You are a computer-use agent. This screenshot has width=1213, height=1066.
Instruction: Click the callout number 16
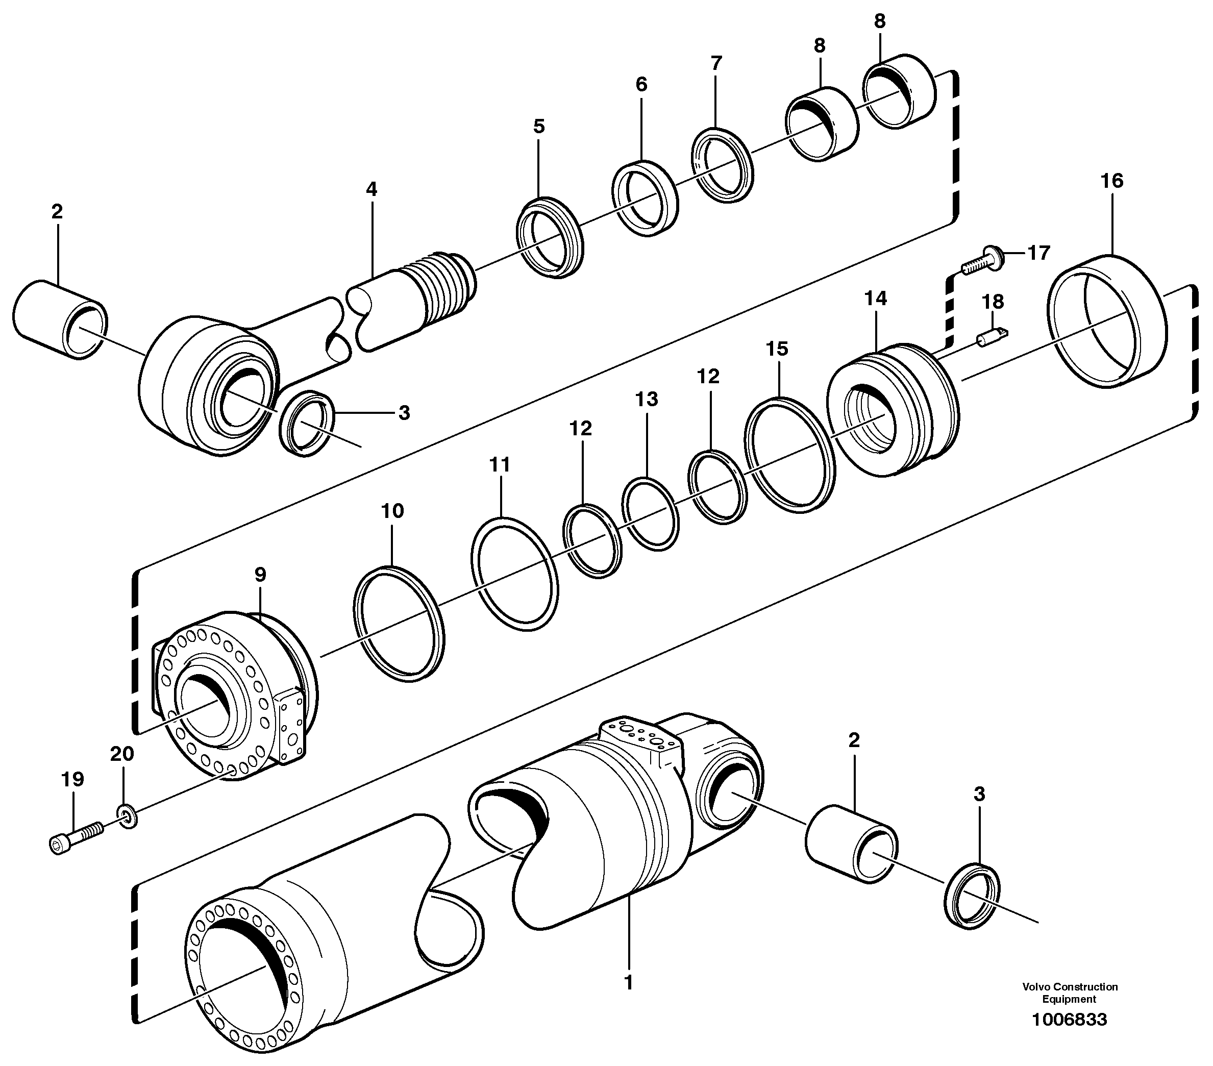(x=1111, y=181)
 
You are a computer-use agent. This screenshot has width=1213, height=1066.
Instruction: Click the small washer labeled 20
(x=127, y=817)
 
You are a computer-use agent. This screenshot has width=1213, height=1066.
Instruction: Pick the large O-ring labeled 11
(x=514, y=574)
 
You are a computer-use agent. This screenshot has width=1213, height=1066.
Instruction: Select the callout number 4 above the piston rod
(x=371, y=189)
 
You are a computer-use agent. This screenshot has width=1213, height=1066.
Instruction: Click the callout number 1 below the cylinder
(x=629, y=983)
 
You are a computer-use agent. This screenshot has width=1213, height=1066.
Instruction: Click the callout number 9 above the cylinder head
(x=260, y=575)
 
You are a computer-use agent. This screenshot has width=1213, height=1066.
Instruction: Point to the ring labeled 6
(x=645, y=196)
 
